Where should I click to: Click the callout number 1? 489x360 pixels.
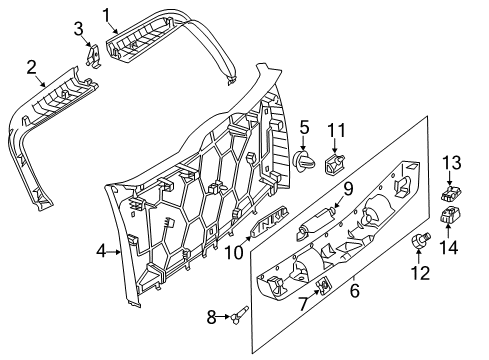[x=106, y=15]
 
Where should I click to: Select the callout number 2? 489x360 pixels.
[x=31, y=67]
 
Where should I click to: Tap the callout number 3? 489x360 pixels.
[x=78, y=29]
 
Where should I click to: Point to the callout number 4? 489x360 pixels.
[x=101, y=251]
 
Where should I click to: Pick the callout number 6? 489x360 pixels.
[x=355, y=290]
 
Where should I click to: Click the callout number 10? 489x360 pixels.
[x=234, y=252]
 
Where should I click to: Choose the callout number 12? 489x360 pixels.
[x=420, y=273]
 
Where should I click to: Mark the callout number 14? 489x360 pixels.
[x=448, y=247]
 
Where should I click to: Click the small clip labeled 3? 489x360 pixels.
[x=93, y=55]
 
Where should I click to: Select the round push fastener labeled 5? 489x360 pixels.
[x=304, y=160]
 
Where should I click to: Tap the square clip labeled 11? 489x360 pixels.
[x=334, y=164]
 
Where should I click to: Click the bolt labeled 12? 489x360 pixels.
[x=421, y=240]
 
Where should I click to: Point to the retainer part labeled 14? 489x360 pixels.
[x=450, y=214]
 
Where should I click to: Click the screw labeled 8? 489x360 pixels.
[x=239, y=314]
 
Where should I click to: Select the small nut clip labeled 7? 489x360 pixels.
[x=323, y=285]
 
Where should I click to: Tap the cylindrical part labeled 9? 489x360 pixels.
[x=315, y=224]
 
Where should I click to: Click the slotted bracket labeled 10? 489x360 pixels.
[x=269, y=221]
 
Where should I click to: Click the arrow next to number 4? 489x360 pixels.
[x=114, y=252]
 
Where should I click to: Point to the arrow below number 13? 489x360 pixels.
[x=449, y=178]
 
